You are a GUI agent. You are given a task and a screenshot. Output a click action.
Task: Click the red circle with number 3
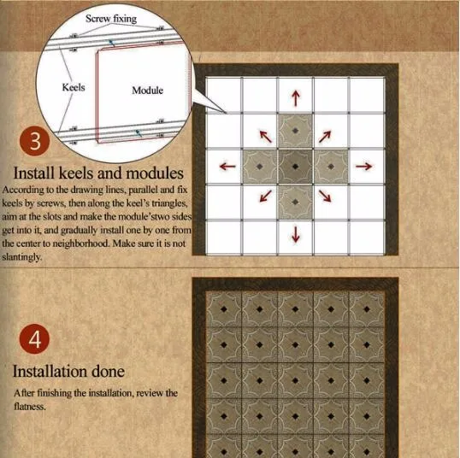[x=34, y=141]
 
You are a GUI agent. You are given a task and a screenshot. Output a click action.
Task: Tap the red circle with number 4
[x=34, y=339]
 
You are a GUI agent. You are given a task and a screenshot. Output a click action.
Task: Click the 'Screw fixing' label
[x=111, y=19]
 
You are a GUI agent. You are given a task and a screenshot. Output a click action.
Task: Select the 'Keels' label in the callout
[x=74, y=87]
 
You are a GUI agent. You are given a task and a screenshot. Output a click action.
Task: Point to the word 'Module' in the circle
[x=147, y=90]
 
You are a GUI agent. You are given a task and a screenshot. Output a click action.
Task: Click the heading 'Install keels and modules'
[x=98, y=173]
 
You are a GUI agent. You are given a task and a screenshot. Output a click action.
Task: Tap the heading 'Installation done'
[x=68, y=371]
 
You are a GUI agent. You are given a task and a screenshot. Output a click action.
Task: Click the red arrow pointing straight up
[x=296, y=98]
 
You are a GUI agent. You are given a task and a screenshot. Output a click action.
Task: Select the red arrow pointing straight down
[x=296, y=234]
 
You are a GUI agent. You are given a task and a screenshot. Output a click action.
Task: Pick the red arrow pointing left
[x=227, y=167]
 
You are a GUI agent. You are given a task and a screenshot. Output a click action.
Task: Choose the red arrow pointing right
[x=364, y=167]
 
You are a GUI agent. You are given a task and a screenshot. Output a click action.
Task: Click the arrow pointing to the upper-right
[x=325, y=137]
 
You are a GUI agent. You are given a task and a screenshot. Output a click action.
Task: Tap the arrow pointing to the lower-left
[x=266, y=196]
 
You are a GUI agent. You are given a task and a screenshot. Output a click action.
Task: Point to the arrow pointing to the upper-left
[x=266, y=137]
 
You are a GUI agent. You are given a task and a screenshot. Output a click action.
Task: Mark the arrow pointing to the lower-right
[x=325, y=196]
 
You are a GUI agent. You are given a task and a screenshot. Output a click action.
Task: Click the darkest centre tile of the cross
[x=296, y=167]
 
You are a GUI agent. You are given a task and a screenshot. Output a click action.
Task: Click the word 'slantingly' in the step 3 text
[x=21, y=257]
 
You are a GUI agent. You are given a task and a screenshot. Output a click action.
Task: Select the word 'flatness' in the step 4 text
[x=29, y=407]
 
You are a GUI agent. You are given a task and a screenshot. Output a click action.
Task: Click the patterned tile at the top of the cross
[x=296, y=131]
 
